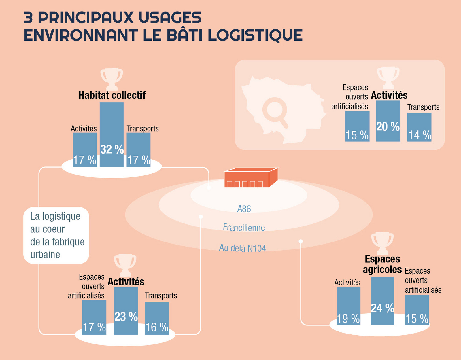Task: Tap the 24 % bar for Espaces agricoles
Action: pos(382,301)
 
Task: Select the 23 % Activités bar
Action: pos(126,311)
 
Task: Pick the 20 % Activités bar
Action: pos(388,121)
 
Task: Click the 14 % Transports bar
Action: pos(419,127)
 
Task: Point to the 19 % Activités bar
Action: pos(348,306)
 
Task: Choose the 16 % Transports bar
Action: pos(157,318)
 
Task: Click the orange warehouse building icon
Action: pos(250,178)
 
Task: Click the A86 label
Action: pos(244,209)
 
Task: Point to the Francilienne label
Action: pos(244,228)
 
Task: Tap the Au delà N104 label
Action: pos(242,248)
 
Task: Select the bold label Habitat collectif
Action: pos(112,95)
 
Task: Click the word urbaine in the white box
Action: pos(45,255)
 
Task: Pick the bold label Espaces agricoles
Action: pos(382,264)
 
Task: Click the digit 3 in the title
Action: pos(28,18)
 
